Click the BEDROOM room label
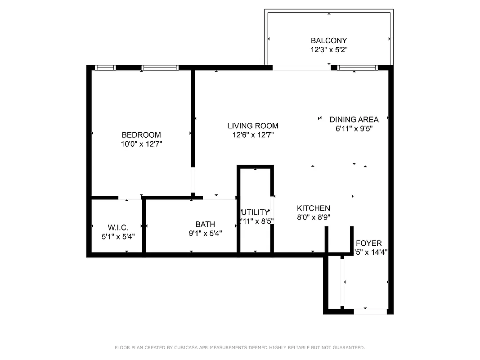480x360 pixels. coord(141,135)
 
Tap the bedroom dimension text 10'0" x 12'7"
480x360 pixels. coord(141,144)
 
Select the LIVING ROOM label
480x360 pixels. coord(253,126)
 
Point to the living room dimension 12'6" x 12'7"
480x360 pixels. coord(253,135)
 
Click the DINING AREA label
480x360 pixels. coord(354,119)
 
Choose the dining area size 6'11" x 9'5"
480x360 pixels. coord(354,128)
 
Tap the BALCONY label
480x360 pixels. coord(329,40)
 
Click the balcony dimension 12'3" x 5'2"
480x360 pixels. coord(329,50)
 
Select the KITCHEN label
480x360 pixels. coord(314,208)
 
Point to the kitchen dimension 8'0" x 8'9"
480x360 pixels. coord(314,217)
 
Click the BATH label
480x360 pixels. coord(205,224)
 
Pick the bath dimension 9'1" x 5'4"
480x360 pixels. coord(205,233)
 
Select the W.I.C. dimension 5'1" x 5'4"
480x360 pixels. coord(118,236)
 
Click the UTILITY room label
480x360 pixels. coord(255,212)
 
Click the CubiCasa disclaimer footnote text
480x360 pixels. coord(240,347)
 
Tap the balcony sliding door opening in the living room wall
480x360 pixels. coord(301,68)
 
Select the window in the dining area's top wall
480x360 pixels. coord(358,68)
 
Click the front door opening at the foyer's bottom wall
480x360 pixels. coord(371,311)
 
